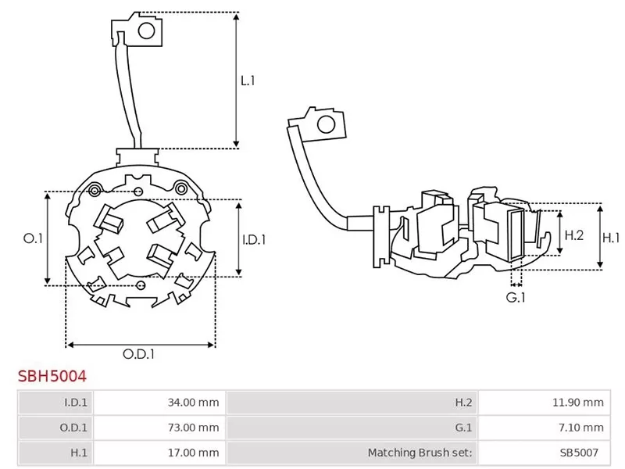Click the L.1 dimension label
(x=248, y=81)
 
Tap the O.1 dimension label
(x=33, y=238)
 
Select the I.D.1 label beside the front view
(x=254, y=240)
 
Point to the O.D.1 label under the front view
(x=138, y=354)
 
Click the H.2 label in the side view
(x=574, y=235)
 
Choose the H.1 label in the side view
(x=611, y=238)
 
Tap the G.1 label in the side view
(x=516, y=298)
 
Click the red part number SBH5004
(x=52, y=376)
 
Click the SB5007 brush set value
(x=579, y=453)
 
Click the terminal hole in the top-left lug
(x=146, y=30)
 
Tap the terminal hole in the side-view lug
(x=326, y=124)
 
